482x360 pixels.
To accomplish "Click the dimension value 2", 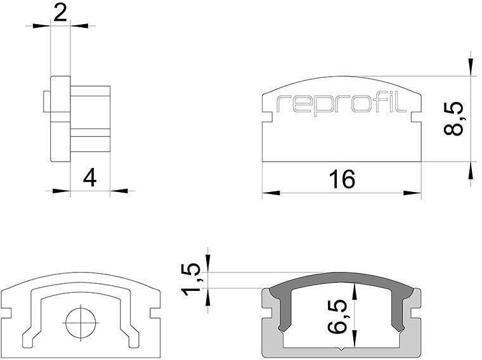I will tap(60, 13).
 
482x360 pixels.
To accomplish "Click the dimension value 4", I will tap(89, 178).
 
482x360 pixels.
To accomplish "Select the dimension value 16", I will tap(342, 179).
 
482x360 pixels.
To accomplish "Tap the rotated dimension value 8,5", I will tap(454, 118).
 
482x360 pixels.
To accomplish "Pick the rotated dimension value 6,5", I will tap(341, 317).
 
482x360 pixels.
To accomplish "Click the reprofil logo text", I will tap(342, 105).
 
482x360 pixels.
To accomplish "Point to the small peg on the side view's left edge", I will tap(46, 101).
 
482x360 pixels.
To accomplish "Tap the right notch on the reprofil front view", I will tap(416, 117).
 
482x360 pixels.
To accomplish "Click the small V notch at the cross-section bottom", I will tap(342, 348).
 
